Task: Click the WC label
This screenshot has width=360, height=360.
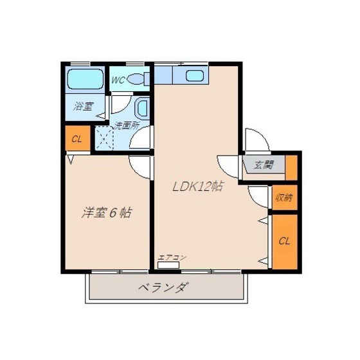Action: (118, 80)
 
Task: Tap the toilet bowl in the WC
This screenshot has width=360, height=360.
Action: (135, 78)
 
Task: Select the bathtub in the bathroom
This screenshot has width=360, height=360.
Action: (85, 79)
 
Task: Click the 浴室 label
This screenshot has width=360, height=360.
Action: (84, 106)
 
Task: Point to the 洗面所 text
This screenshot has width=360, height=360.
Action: (127, 125)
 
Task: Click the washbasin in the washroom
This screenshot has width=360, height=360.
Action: (143, 108)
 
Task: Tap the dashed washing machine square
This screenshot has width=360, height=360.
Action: (104, 138)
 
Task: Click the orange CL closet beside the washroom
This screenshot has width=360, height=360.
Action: (78, 138)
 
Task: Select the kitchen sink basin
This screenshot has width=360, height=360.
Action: (195, 76)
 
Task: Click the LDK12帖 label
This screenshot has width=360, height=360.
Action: (197, 186)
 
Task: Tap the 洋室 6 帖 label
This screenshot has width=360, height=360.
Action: (107, 213)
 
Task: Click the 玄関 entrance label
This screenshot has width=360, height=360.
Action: (264, 165)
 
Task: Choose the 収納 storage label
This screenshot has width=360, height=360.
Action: (284, 197)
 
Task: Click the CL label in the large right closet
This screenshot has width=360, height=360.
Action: (284, 241)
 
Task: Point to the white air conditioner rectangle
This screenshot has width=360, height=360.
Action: (168, 265)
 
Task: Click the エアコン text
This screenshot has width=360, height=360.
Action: (172, 258)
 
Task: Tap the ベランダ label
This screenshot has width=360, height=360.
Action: (161, 287)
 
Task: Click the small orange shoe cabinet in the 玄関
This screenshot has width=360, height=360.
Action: (291, 168)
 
